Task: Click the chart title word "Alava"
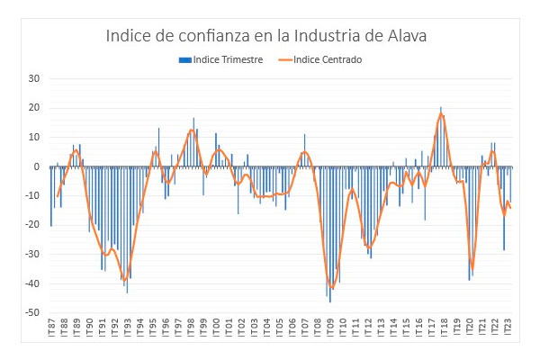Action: click(400, 37)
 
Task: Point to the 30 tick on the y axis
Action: click(35, 78)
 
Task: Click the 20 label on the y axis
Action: click(35, 108)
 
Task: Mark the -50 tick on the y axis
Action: click(32, 314)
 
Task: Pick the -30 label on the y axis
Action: click(32, 256)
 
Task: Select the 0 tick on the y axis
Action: click(38, 167)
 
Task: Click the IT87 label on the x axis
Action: click(51, 329)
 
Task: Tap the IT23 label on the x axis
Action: click(508, 329)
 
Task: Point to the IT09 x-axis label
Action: click(330, 329)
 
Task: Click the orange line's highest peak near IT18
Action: click(441, 113)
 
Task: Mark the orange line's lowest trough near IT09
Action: click(331, 288)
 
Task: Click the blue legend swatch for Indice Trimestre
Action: click(184, 60)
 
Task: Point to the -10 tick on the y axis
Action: click(32, 196)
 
